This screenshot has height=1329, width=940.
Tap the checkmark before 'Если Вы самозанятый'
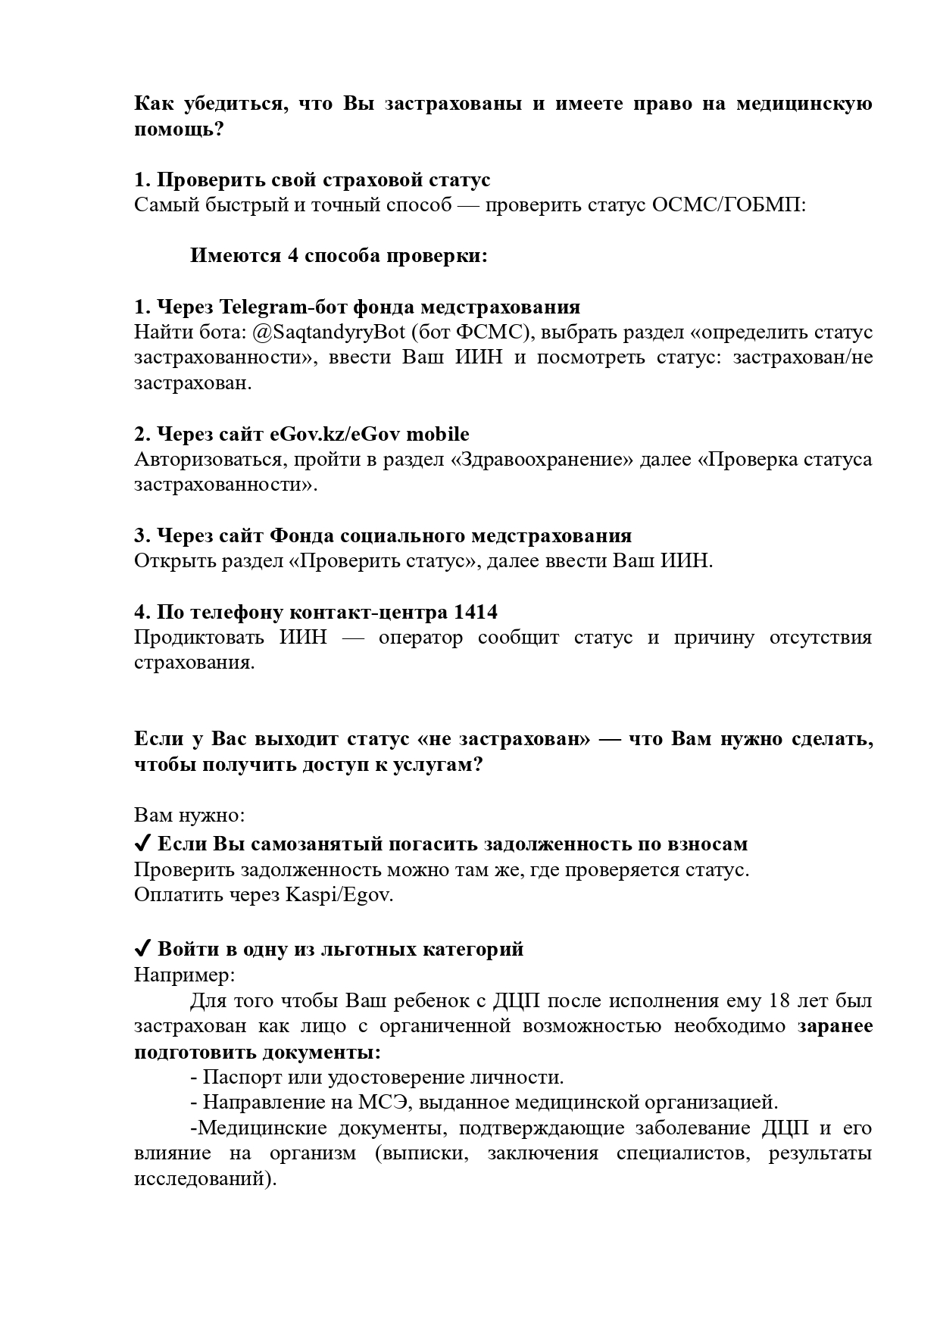tap(142, 844)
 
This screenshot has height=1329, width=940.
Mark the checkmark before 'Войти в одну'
tap(142, 949)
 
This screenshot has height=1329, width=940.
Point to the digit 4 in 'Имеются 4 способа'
tap(292, 256)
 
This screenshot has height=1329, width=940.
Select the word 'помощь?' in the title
tap(180, 129)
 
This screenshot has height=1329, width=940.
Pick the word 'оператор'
tap(420, 638)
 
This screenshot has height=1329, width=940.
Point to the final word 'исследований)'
tap(205, 1179)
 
